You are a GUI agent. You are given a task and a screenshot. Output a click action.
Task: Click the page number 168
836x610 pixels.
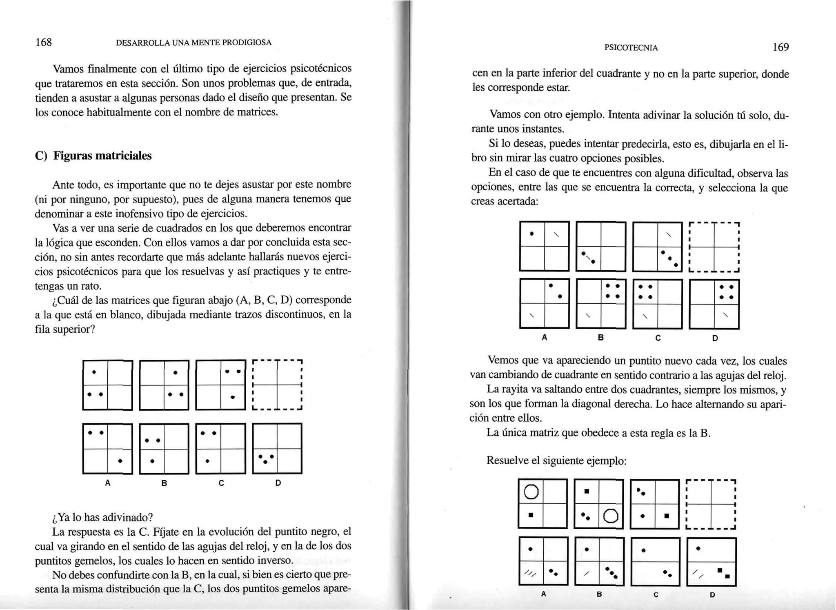pyautogui.click(x=44, y=42)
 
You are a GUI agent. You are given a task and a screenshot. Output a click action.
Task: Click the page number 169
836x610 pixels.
pyautogui.click(x=780, y=47)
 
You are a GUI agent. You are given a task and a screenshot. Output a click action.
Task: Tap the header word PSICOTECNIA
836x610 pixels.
pyautogui.click(x=631, y=48)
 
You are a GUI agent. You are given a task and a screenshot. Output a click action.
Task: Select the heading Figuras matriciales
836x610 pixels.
pyautogui.click(x=102, y=156)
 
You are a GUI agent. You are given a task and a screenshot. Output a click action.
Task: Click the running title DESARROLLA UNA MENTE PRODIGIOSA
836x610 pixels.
pyautogui.click(x=193, y=42)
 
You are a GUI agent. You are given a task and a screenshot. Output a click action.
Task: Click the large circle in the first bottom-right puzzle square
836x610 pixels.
pyautogui.click(x=531, y=492)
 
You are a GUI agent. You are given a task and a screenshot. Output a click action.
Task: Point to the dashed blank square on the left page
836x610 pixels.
pyautogui.click(x=277, y=385)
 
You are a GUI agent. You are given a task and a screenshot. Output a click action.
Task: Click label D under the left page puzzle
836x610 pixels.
pyautogui.click(x=278, y=483)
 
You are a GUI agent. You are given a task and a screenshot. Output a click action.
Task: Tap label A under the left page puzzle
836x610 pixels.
pyautogui.click(x=108, y=483)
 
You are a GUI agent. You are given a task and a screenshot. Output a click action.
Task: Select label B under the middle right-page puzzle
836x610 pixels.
pyautogui.click(x=600, y=338)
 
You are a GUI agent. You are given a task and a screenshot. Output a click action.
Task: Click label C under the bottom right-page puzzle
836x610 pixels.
pyautogui.click(x=656, y=594)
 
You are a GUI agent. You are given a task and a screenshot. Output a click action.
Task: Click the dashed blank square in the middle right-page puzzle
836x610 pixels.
pyautogui.click(x=714, y=247)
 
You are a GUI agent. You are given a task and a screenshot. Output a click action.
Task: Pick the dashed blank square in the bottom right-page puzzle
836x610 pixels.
pyautogui.click(x=711, y=504)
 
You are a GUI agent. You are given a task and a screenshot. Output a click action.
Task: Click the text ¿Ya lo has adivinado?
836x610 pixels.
pyautogui.click(x=102, y=517)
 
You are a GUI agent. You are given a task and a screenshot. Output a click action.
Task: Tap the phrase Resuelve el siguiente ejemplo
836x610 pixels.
pyautogui.click(x=556, y=461)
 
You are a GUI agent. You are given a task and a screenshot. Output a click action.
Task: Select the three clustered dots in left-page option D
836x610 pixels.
pyautogui.click(x=266, y=459)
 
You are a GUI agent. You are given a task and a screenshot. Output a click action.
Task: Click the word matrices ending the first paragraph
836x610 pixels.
pyautogui.click(x=260, y=112)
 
